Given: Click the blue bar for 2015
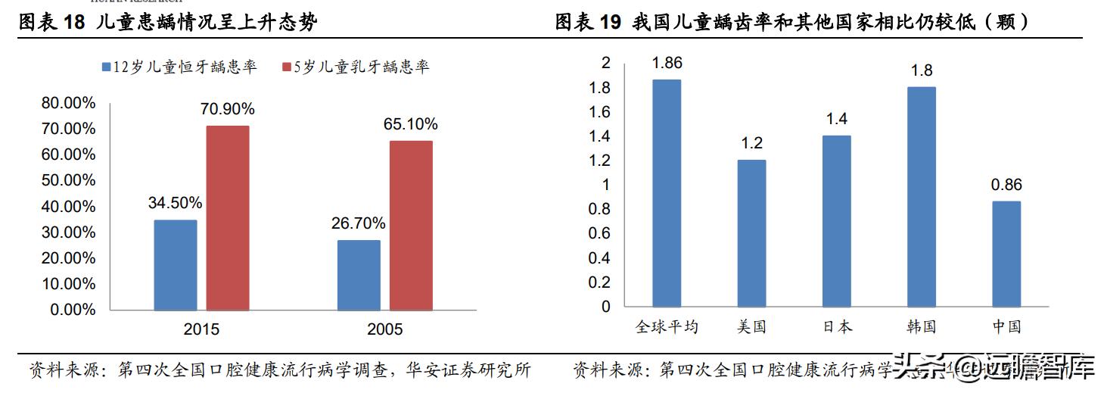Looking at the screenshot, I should pos(175,265).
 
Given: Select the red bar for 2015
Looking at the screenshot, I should pos(227,218).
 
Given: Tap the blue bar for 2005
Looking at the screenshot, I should pos(359,275).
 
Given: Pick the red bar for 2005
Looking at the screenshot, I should pos(411,226).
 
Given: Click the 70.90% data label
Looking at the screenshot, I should pos(227,109).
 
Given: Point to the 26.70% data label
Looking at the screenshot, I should pos(359,223).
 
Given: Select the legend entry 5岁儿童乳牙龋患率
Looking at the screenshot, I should pos(355,67).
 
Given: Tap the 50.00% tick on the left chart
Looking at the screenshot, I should pos(68,180).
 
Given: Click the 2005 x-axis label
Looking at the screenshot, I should pos(384,329).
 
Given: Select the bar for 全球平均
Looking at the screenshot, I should pos(667,193).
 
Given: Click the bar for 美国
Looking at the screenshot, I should pos(752,233).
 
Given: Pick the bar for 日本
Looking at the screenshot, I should pos(837,221).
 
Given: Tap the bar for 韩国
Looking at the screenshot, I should pos(922,197).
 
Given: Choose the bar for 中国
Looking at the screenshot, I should pos(1006,254).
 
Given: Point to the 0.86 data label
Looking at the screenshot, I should pos(1006,185).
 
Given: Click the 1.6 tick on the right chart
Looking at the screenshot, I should pos(601,112).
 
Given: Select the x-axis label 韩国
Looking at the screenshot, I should pos(922,327).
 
